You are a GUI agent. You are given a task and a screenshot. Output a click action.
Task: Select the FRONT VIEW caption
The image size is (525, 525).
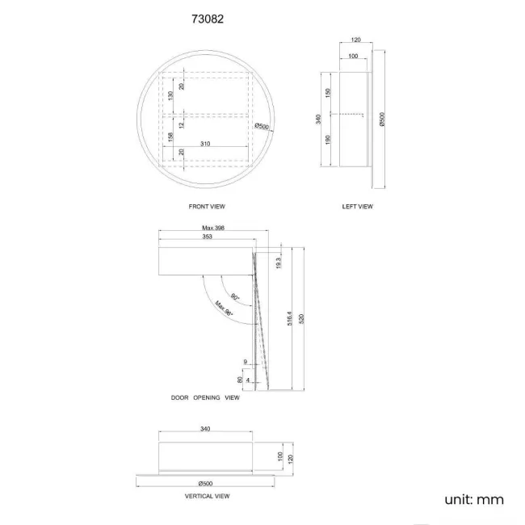pyautogui.click(x=206, y=207)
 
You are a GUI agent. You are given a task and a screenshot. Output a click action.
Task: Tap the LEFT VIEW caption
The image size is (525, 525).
pyautogui.click(x=358, y=207)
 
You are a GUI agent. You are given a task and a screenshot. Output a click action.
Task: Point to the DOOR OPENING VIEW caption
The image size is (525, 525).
pyautogui.click(x=205, y=398)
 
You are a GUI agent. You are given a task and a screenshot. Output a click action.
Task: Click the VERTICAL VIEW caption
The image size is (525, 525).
pyautogui.click(x=207, y=496)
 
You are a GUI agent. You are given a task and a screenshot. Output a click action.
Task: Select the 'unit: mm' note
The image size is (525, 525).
pyautogui.click(x=474, y=499)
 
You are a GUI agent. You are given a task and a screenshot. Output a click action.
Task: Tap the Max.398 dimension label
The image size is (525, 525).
pyautogui.click(x=212, y=229)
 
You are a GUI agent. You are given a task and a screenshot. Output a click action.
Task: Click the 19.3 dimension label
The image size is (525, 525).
pyautogui.click(x=278, y=262)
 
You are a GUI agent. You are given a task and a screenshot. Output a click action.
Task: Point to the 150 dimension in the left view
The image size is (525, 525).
pyautogui.click(x=328, y=94)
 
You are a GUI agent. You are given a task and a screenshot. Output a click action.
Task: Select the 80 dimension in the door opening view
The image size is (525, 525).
pyautogui.click(x=240, y=378)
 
